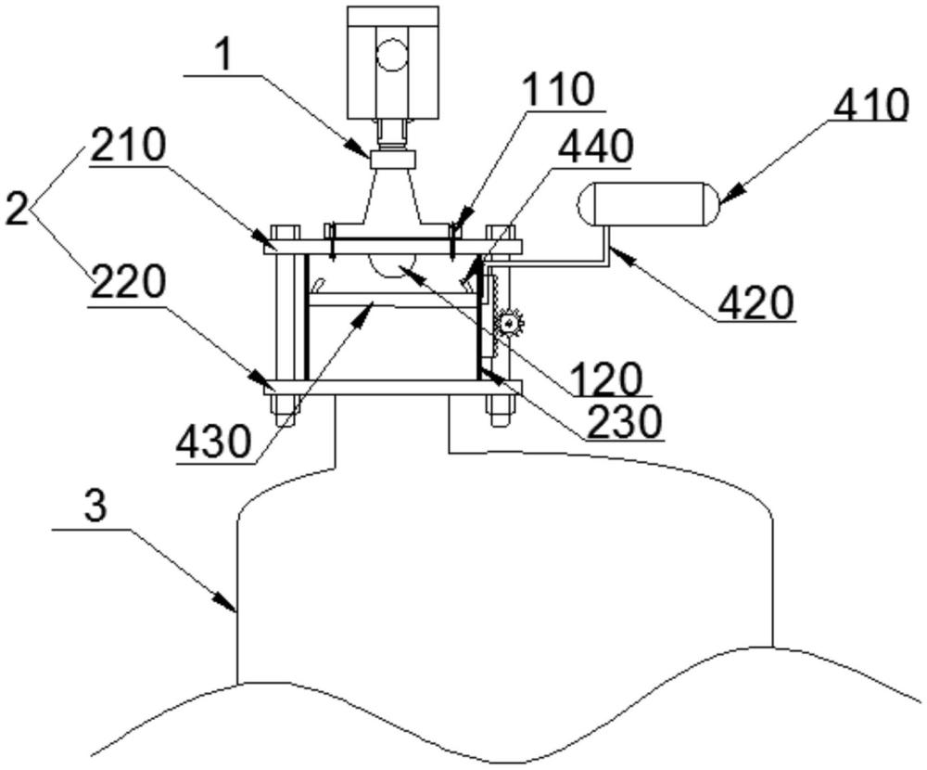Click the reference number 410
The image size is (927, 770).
(870, 106)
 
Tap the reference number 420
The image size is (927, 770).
(755, 303)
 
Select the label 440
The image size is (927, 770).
(596, 148)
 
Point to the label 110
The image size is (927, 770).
(559, 91)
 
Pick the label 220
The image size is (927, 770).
(128, 281)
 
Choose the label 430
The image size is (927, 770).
(214, 443)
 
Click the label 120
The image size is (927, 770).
(606, 378)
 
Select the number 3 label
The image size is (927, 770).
(95, 507)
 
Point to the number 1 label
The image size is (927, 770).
(222, 57)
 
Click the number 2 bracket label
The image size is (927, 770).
(17, 209)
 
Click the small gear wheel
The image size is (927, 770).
(508, 323)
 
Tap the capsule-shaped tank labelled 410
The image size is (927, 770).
(649, 204)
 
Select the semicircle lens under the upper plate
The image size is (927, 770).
(391, 264)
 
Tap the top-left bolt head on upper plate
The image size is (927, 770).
(286, 232)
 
